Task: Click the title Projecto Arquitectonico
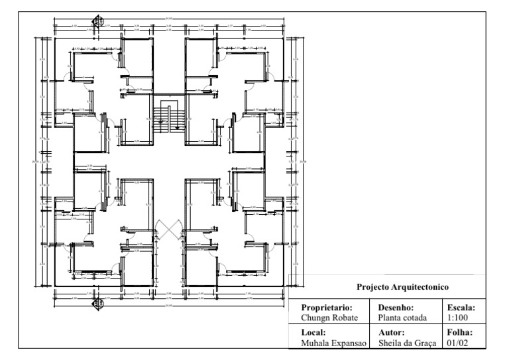pos(404,288)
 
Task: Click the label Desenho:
pos(396,308)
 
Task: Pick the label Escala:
pos(463,308)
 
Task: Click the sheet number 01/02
pos(457,342)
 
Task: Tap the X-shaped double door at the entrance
pos(170,228)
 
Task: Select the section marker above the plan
pos(98,21)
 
